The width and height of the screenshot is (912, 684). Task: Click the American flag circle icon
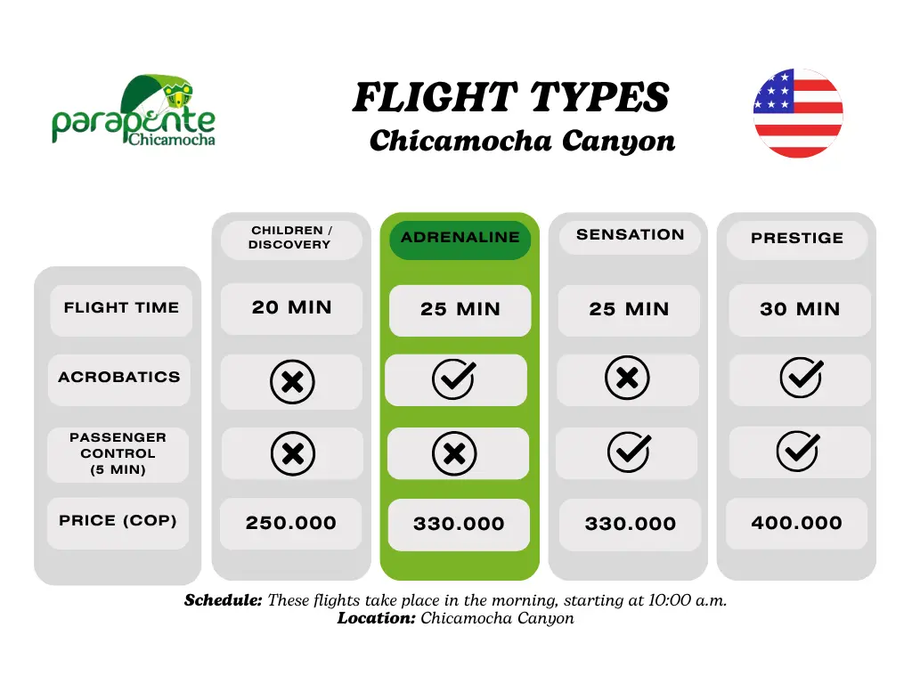click(x=798, y=113)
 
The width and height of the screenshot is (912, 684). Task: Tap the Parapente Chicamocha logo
click(x=134, y=110)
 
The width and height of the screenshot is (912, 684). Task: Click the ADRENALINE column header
click(x=460, y=237)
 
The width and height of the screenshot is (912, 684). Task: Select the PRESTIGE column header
click(x=797, y=238)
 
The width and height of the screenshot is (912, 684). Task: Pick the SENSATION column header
click(x=630, y=235)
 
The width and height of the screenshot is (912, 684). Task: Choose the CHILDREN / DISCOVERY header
click(x=290, y=238)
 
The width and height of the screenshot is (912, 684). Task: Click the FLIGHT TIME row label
click(x=121, y=307)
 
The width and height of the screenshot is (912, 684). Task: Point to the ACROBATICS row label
click(x=119, y=378)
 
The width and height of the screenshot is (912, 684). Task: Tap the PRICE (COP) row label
click(x=118, y=520)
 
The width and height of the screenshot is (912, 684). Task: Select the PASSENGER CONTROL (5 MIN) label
click(x=118, y=453)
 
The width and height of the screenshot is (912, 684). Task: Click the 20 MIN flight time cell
click(x=291, y=307)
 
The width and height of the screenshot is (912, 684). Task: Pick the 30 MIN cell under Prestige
click(x=800, y=309)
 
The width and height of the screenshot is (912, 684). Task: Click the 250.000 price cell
click(x=291, y=523)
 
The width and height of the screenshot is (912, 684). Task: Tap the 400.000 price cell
click(x=796, y=523)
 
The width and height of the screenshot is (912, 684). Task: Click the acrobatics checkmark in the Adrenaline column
click(x=453, y=379)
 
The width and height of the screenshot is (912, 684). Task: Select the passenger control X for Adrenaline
click(x=454, y=453)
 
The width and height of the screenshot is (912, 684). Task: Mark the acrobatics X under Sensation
click(x=627, y=378)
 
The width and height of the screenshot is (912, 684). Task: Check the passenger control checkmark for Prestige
click(x=799, y=451)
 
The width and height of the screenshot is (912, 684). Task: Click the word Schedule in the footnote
click(x=224, y=600)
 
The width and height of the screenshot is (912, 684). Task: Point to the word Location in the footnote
click(x=377, y=618)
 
